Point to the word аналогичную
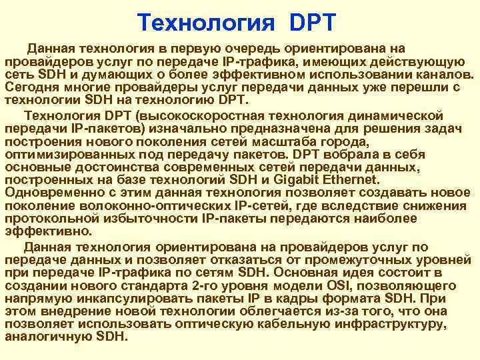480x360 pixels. tap(48, 337)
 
